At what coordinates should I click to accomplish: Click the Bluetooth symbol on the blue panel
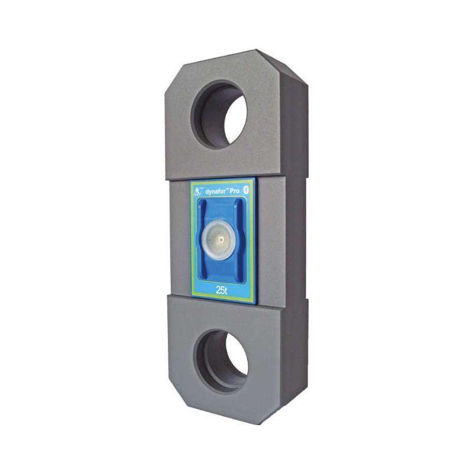245,189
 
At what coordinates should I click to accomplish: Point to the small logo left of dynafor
198,192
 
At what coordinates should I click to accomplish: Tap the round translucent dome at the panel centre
218,240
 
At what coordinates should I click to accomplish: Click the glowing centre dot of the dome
222,240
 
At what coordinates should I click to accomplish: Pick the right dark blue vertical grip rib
239,240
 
